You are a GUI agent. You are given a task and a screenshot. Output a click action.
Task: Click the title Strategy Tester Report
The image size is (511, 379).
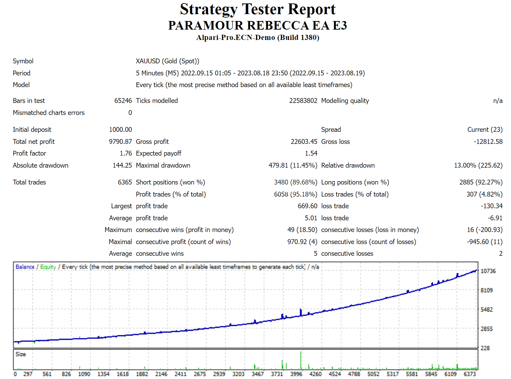point(258,9)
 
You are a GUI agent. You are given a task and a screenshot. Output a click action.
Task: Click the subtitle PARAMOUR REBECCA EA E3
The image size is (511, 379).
point(258,25)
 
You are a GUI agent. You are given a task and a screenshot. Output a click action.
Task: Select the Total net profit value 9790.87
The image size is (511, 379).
point(120,141)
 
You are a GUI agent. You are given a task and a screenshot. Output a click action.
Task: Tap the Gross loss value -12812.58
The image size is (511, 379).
point(488,141)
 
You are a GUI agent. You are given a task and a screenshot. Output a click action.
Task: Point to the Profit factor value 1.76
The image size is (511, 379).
point(126,153)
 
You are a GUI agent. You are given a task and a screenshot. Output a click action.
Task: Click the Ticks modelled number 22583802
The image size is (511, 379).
point(303,101)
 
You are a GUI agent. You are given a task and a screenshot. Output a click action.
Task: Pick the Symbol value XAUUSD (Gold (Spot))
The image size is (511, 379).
point(167,61)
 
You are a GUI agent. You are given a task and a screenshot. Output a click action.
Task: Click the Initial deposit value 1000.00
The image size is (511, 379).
point(120,129)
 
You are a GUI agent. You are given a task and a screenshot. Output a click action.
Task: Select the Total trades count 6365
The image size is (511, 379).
point(125,182)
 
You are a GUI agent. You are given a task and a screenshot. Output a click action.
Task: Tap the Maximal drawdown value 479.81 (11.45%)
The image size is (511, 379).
point(293,165)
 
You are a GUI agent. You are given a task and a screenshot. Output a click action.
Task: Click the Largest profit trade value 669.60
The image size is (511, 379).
point(307,206)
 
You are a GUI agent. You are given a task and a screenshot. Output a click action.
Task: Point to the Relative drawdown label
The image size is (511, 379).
point(348,165)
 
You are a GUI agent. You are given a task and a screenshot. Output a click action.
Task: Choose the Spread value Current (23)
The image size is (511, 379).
point(484,129)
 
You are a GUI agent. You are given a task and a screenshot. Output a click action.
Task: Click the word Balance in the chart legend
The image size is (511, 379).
point(25,267)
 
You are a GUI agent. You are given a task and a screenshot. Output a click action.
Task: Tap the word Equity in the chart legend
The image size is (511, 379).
point(48,267)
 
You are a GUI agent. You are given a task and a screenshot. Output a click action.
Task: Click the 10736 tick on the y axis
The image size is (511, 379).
point(488,271)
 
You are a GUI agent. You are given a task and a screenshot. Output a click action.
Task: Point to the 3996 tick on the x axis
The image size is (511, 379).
point(296,374)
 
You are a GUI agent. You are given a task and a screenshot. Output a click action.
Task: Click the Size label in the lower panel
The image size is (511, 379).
point(21,354)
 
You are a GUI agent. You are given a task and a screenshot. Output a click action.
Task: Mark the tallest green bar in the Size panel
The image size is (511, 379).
point(301,360)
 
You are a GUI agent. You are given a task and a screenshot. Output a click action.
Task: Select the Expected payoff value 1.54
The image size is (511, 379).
point(311,153)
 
